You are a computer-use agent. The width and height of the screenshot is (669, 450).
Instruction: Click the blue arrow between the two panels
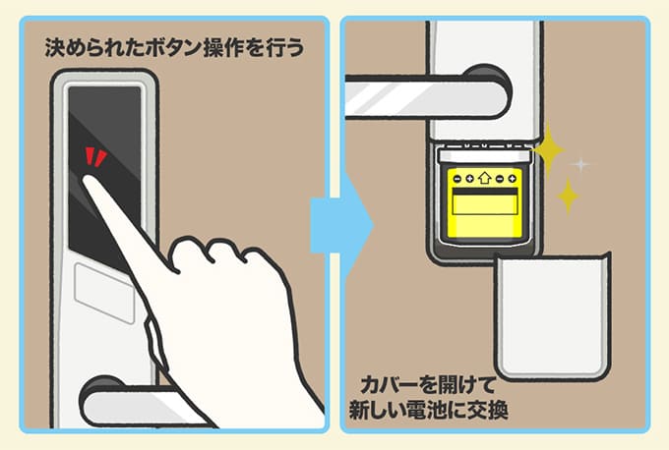tap(341, 226)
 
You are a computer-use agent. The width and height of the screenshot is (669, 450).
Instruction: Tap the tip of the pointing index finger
tap(87, 180)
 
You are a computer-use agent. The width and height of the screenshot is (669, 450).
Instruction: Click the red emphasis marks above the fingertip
tap(95, 157)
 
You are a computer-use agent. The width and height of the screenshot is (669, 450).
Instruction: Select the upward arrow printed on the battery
tap(484, 177)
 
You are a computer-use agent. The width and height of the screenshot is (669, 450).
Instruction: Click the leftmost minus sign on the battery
tap(457, 179)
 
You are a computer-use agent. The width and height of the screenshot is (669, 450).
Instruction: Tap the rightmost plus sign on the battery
tap(512, 179)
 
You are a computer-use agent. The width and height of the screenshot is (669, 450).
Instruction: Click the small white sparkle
tap(580, 164)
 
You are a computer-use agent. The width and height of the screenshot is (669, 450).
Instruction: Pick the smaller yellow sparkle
tap(568, 197)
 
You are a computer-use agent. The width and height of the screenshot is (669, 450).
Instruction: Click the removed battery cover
tap(553, 316)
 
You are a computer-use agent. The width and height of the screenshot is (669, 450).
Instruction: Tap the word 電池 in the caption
tap(427, 411)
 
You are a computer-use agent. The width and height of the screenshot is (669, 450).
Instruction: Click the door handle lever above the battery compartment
tap(427, 96)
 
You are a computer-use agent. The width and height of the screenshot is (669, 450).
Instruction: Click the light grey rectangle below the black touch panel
tap(104, 293)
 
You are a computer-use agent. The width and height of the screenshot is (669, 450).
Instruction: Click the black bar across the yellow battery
tap(485, 192)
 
